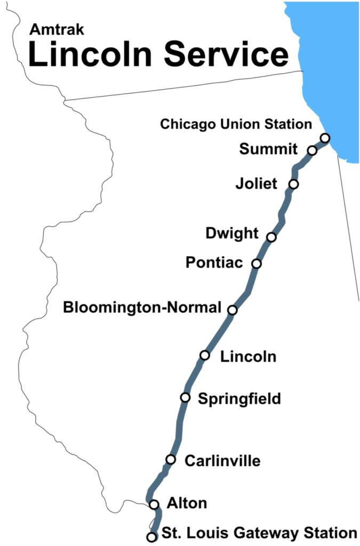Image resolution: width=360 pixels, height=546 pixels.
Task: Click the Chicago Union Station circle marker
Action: [325, 138]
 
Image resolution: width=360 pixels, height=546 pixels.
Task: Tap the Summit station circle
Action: [313, 151]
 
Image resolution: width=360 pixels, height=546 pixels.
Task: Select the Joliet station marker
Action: [293, 184]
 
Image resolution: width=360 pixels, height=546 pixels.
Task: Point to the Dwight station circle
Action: [271, 237]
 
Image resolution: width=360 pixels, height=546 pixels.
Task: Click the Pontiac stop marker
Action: [257, 263]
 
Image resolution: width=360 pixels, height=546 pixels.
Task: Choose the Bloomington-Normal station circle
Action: [233, 310]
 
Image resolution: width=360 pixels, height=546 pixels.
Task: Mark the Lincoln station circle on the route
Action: [205, 355]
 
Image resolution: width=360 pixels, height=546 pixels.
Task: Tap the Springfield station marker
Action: [185, 397]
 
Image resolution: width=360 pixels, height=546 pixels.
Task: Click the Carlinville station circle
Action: [171, 459]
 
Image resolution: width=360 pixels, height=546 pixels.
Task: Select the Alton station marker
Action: [154, 504]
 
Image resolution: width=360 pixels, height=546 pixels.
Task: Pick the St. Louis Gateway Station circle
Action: [151, 536]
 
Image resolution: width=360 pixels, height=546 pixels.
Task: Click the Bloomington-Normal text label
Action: [142, 308]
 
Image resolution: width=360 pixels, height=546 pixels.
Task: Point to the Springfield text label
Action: [239, 399]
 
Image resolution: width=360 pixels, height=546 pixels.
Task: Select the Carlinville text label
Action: [222, 461]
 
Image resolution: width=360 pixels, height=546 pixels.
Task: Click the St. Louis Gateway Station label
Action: [259, 533]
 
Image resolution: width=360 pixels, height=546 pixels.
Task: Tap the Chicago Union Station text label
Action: [236, 124]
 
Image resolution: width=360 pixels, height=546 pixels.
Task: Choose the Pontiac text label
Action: [214, 262]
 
